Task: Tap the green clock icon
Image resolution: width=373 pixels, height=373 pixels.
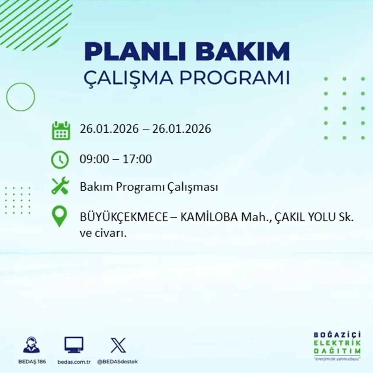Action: [x=60, y=160]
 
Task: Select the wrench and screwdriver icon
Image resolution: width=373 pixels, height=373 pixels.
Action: [x=60, y=186]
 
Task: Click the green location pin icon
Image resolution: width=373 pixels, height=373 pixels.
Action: [x=59, y=216]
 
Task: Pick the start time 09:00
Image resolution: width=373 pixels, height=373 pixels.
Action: [x=94, y=159]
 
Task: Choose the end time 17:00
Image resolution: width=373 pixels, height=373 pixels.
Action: [x=137, y=159]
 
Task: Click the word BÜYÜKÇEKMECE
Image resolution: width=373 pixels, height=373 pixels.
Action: [x=124, y=218]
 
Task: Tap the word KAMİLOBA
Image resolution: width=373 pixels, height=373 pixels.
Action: [x=209, y=217]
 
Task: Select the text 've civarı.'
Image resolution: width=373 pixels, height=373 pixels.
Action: [x=103, y=233]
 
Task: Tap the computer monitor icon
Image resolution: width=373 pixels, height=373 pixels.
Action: [x=74, y=345]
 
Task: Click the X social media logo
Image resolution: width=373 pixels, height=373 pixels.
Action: [x=118, y=345]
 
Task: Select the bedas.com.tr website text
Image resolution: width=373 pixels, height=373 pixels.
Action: [x=74, y=362]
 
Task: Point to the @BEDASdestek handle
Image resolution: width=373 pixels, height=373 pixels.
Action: [x=117, y=362]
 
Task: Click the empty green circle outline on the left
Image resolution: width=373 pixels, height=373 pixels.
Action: [x=20, y=97]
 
